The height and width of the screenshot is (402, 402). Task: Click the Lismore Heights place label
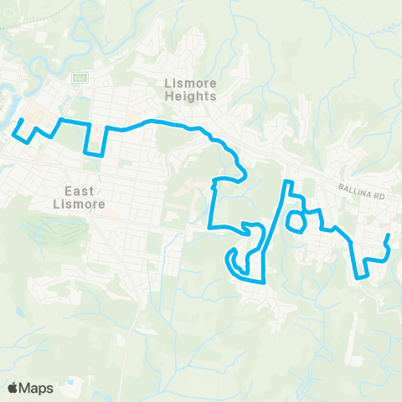click(x=191, y=90)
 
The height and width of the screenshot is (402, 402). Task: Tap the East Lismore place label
click(x=75, y=197)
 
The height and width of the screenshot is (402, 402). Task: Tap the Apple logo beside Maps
click(x=13, y=388)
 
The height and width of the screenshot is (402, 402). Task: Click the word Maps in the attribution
click(x=37, y=388)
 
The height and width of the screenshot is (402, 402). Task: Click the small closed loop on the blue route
click(x=295, y=222)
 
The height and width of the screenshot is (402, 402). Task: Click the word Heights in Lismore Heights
click(x=191, y=96)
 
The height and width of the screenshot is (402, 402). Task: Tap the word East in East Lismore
click(x=75, y=190)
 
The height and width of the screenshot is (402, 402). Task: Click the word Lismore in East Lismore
click(x=75, y=204)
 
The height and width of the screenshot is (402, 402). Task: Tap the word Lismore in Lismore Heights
click(x=191, y=83)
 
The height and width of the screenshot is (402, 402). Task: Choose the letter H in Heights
click(x=170, y=96)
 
